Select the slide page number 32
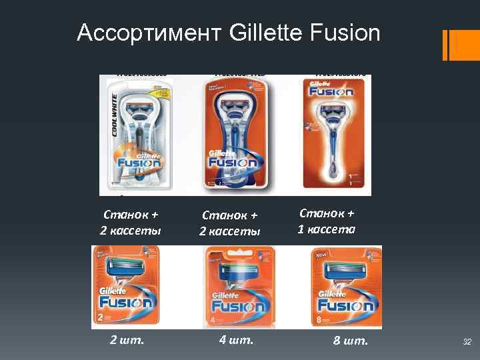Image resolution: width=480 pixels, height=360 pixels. (x=467, y=343)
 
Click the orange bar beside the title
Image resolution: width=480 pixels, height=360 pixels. (x=445, y=45)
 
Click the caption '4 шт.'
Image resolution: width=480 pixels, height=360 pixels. (x=236, y=341)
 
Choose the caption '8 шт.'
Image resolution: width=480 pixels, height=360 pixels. (x=350, y=342)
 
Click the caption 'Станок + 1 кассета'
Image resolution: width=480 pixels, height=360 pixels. (x=327, y=221)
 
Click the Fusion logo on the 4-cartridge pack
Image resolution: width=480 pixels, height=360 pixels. (x=237, y=307)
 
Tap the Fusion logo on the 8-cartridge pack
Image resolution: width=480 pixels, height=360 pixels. (x=345, y=305)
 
